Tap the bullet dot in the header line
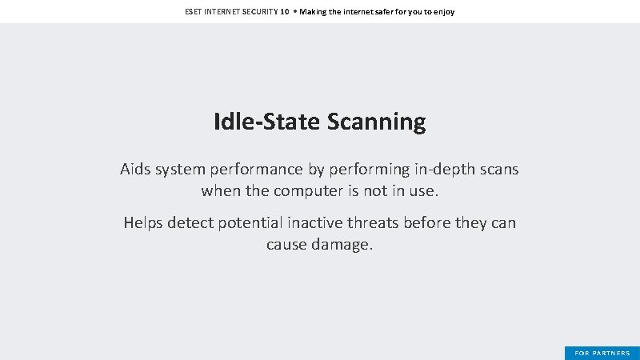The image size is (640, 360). click(x=294, y=12)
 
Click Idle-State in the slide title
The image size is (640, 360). click(x=267, y=122)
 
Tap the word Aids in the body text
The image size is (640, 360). click(x=135, y=170)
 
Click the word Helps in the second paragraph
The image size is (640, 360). click(x=143, y=222)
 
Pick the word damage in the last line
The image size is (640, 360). click(x=340, y=244)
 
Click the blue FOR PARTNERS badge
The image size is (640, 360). click(x=602, y=353)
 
